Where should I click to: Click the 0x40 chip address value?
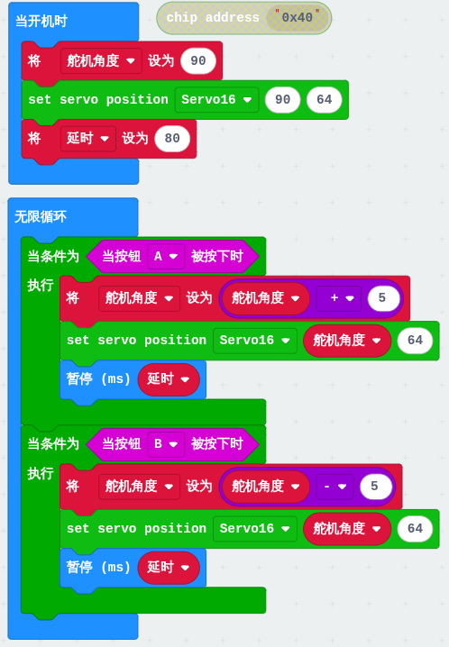click(x=298, y=18)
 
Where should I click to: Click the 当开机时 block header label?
click(x=41, y=21)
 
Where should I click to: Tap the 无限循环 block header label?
click(x=41, y=216)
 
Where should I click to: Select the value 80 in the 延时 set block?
click(x=172, y=138)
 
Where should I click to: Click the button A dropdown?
click(x=166, y=256)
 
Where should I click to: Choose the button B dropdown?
click(x=166, y=444)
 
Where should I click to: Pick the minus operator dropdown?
click(x=334, y=486)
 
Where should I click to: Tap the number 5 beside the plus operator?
click(x=382, y=298)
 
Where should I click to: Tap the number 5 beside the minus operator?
click(x=374, y=486)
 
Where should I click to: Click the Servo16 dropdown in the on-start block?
click(x=216, y=99)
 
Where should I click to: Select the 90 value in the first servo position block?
click(x=283, y=99)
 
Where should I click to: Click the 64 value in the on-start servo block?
click(x=325, y=99)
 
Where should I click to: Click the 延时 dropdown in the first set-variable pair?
click(x=87, y=138)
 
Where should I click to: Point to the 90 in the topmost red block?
click(x=198, y=60)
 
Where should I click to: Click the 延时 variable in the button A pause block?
click(x=169, y=378)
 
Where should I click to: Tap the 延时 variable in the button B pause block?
click(x=169, y=568)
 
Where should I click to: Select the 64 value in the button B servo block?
click(x=415, y=529)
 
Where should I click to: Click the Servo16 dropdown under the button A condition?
click(x=255, y=341)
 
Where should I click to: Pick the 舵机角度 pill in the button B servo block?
click(x=346, y=529)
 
